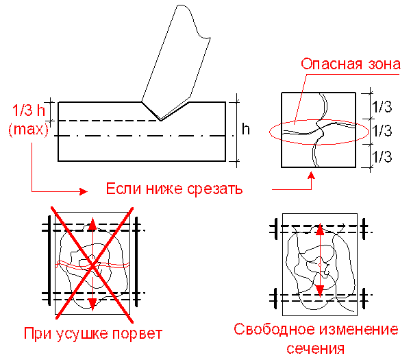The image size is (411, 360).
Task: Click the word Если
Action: [121, 189]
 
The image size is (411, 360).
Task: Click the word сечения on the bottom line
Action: [315, 348]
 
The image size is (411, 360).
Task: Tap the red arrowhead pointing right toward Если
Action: [84, 191]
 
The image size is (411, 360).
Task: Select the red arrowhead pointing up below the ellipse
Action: [311, 177]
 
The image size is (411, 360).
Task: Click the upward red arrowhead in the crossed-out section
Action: [92, 224]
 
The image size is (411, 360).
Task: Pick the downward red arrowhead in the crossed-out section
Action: [92, 302]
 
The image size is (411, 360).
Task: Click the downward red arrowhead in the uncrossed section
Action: [319, 291]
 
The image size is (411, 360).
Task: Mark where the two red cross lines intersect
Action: [92, 263]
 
